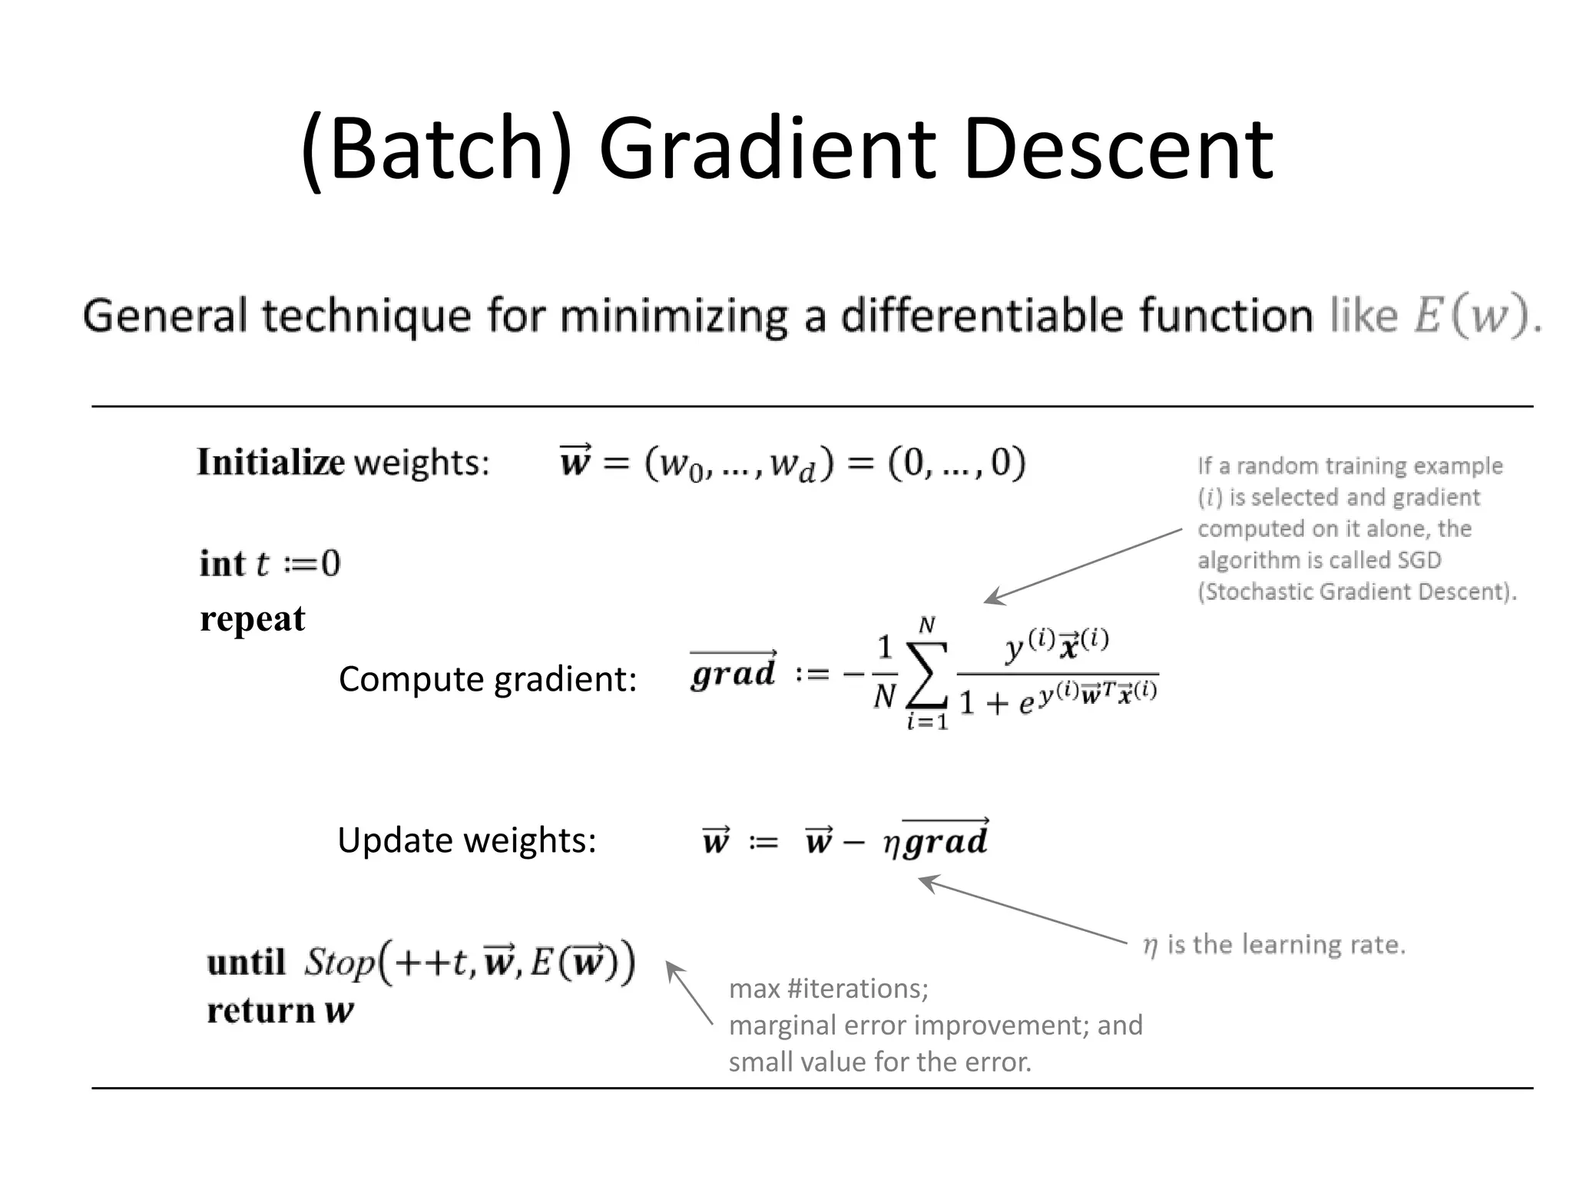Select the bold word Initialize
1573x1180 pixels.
coord(270,462)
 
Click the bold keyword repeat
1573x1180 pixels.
coord(253,619)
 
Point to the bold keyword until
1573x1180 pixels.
coord(246,963)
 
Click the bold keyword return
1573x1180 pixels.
coord(261,1011)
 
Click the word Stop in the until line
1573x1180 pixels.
coord(339,963)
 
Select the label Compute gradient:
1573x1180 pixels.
coord(488,679)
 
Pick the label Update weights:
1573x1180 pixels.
coord(467,840)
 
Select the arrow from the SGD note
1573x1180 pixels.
coord(1083,565)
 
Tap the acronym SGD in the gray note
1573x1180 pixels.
coord(1419,560)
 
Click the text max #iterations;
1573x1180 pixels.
coord(829,989)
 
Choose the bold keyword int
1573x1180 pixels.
coord(222,564)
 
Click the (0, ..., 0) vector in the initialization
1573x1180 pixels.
coord(956,462)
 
